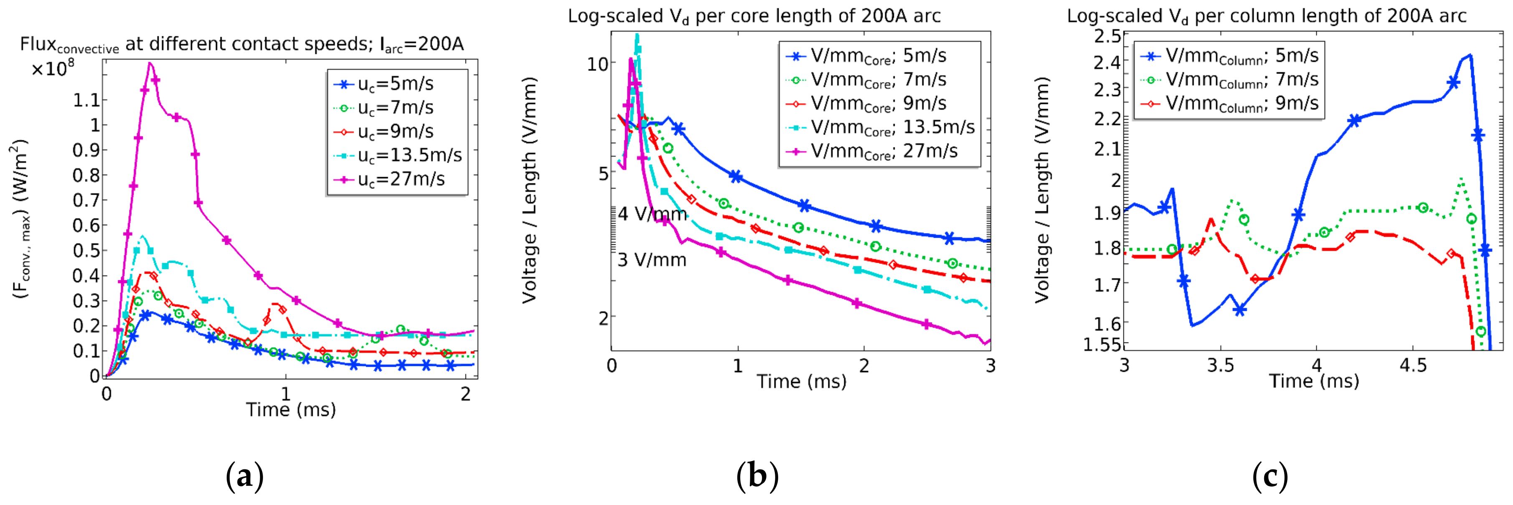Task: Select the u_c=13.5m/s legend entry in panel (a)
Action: point(397,155)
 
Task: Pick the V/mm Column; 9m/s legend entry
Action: point(1229,104)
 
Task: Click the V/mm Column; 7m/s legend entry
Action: point(1229,79)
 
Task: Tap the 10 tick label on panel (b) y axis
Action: point(597,63)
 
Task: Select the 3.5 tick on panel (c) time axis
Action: point(1220,365)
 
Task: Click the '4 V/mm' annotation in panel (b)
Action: point(652,214)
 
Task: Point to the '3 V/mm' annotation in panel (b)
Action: point(652,260)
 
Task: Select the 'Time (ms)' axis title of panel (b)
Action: point(802,381)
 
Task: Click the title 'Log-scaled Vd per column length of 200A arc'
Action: point(1267,16)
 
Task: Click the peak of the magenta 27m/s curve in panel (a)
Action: point(150,63)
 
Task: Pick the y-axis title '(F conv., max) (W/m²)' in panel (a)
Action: point(20,219)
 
